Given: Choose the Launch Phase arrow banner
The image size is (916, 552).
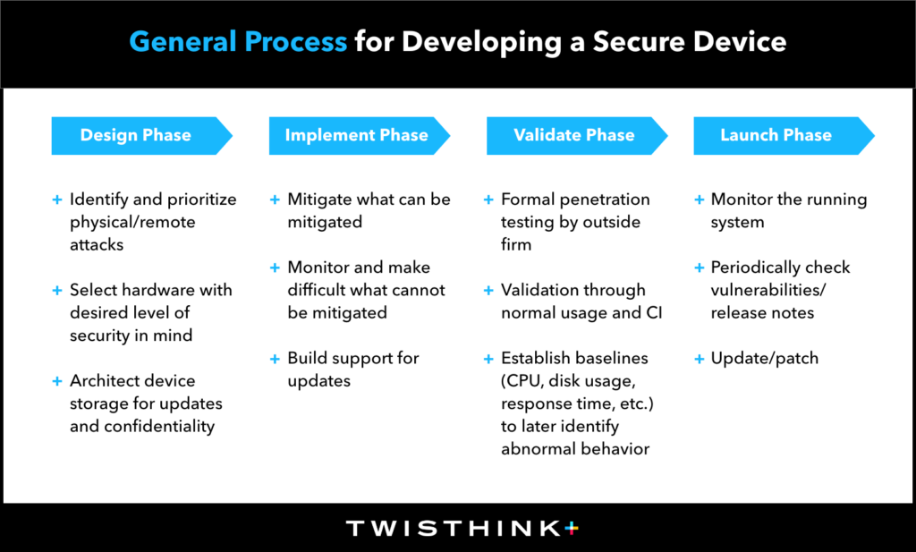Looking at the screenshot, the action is coord(784,135).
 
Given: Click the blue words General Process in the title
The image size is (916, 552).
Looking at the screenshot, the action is coord(238,42).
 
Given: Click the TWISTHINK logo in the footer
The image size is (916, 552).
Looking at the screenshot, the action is coord(462,528).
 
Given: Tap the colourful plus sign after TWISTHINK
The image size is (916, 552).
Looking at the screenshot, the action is coord(572,528).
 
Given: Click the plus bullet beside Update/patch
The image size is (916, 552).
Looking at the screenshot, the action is coord(700,359).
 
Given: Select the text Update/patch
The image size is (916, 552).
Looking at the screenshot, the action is coord(764,358).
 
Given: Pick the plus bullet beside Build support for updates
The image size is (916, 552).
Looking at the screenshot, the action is coord(275,359).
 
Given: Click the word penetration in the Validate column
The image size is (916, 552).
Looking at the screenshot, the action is coord(604,200).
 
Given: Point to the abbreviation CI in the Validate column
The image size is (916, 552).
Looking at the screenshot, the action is coord(654,313).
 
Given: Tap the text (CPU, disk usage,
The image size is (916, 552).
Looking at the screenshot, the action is coord(568,381).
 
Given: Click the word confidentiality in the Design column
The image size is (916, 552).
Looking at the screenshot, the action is coord(159,427).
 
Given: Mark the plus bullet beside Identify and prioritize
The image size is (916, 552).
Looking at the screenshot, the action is coord(56,200).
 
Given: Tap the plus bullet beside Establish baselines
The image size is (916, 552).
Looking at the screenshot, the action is coord(488,359).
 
